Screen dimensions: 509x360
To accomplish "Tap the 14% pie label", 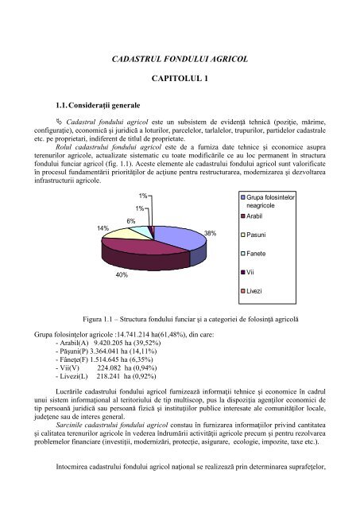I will pyautogui.click(x=103, y=227).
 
